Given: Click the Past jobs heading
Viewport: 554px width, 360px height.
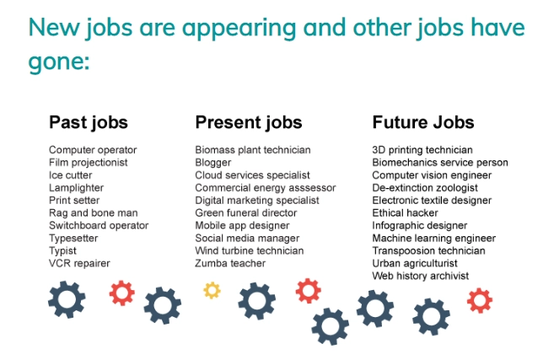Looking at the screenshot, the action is click(x=89, y=123).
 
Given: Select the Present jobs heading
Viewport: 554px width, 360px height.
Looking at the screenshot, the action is click(x=249, y=123).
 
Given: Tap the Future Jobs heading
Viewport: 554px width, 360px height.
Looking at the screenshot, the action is click(x=423, y=122).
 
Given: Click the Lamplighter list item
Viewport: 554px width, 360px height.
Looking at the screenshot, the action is click(x=77, y=188).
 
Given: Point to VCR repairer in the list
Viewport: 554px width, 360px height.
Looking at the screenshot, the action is click(x=79, y=263).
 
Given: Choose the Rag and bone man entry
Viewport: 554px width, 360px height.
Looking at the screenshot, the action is click(x=94, y=213).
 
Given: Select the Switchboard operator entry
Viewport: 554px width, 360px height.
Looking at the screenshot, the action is click(x=99, y=226).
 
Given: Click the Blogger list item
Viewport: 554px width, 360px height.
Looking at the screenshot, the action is click(x=213, y=163).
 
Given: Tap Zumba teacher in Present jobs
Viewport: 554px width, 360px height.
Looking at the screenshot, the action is click(x=230, y=263).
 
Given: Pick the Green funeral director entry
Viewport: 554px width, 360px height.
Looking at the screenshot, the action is click(x=246, y=213).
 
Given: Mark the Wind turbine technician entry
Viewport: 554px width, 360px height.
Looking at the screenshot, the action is click(x=250, y=251).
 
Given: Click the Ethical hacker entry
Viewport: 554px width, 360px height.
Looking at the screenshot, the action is click(x=405, y=213).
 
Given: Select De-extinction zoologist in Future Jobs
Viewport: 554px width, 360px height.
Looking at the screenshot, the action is click(x=425, y=188).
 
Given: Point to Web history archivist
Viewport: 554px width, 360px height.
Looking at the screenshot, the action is click(x=421, y=276).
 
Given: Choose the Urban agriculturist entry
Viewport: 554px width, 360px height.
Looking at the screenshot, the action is click(x=415, y=264).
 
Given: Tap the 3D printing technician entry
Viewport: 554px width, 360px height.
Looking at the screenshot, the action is click(x=422, y=150).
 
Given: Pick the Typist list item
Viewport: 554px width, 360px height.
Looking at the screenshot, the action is click(x=62, y=251).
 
